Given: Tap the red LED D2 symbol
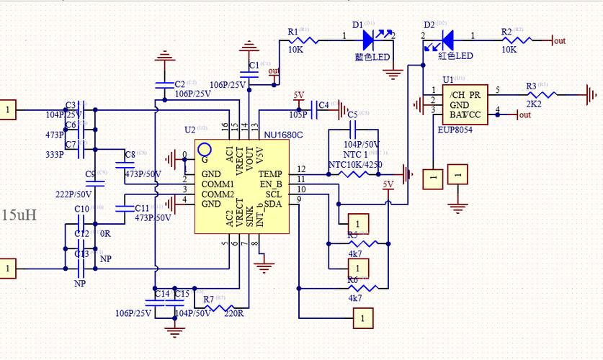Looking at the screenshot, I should tap(445, 36).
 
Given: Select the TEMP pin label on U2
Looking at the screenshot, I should tap(271, 174).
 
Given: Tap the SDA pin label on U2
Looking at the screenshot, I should tap(273, 204).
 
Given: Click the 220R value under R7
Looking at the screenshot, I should tap(233, 313).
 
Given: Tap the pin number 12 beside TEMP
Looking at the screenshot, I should tap(301, 169).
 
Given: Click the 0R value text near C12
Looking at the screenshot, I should tap(104, 234).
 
